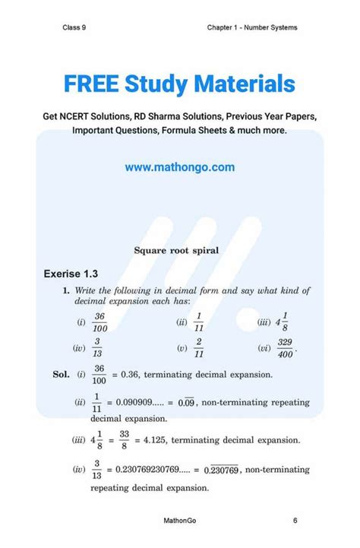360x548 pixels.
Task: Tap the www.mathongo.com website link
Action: (179, 167)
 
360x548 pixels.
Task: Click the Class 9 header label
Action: (74, 28)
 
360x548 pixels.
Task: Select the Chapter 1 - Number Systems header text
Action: (252, 28)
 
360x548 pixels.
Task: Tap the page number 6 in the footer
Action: (295, 521)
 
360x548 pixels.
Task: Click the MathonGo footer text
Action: (182, 521)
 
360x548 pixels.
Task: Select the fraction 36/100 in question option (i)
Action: (99, 322)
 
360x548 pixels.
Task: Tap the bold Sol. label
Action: (61, 375)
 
